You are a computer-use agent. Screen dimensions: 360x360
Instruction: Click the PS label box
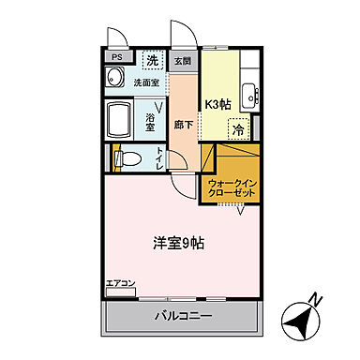117,56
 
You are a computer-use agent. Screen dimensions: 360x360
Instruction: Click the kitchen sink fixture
249,95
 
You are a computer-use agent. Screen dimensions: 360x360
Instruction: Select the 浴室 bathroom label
151,119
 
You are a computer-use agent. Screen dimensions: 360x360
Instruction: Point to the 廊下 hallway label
182,123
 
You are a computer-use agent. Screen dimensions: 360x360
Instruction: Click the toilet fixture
128,159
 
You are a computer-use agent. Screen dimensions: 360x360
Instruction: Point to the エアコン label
120,282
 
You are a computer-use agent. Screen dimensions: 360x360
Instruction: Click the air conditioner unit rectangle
120,292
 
